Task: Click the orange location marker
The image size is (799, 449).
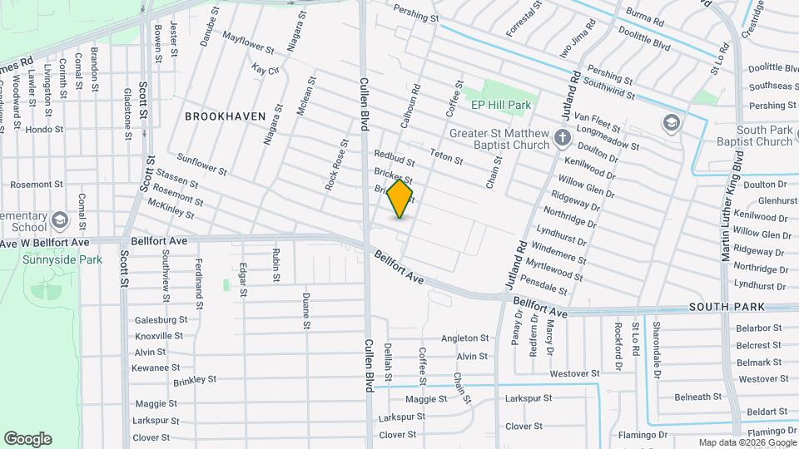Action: click(400, 198)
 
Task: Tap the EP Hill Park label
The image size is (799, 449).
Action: click(501, 106)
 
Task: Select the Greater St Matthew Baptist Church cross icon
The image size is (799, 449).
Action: click(563, 137)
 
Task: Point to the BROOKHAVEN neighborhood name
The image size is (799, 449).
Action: click(225, 116)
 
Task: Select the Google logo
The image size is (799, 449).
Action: click(27, 439)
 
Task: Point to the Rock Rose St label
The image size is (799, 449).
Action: click(336, 163)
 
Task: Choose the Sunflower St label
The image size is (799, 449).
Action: click(202, 164)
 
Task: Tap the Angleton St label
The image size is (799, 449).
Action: click(464, 338)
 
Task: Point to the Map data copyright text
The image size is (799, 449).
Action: click(747, 442)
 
